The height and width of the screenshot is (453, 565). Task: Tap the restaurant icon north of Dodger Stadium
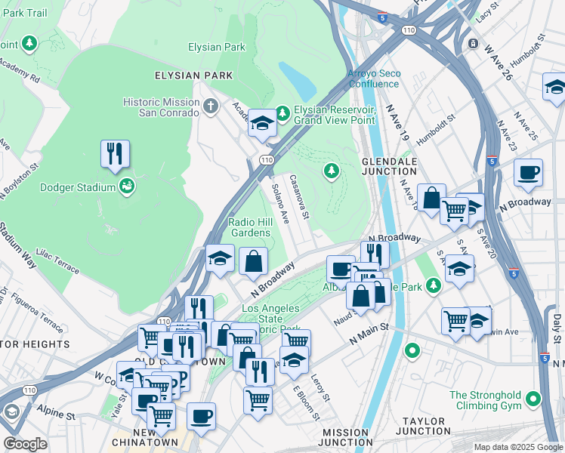pyautogui.click(x=115, y=154)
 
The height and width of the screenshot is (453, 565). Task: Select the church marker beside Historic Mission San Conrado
pyautogui.click(x=211, y=106)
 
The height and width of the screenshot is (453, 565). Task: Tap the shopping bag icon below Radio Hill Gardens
pyautogui.click(x=254, y=262)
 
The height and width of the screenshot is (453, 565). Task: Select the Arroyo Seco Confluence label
pyautogui.click(x=374, y=79)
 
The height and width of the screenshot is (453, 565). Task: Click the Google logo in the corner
pyautogui.click(x=25, y=445)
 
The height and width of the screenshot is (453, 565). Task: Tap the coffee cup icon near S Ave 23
pyautogui.click(x=529, y=173)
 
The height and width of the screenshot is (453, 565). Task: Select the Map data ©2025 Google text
pyautogui.click(x=517, y=447)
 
